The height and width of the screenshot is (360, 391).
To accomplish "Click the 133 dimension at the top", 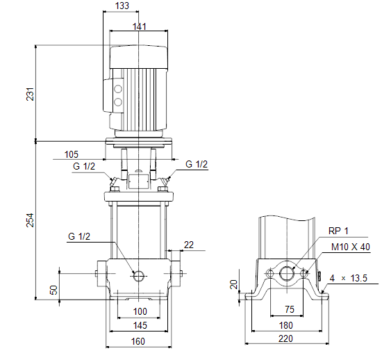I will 122,6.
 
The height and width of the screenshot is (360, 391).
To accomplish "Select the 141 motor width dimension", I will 140,26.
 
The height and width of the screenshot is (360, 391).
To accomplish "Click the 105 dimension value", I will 72,154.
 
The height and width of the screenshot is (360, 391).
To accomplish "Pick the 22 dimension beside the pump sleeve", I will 188,244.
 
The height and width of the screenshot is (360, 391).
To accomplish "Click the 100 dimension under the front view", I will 140,311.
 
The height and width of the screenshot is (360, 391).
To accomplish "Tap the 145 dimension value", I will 140,325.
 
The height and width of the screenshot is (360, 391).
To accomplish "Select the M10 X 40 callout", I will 350,247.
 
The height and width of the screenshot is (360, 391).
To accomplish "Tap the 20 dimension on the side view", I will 235,284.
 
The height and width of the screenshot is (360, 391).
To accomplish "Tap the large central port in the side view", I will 286,273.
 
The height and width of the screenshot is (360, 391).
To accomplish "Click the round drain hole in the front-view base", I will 140,276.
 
